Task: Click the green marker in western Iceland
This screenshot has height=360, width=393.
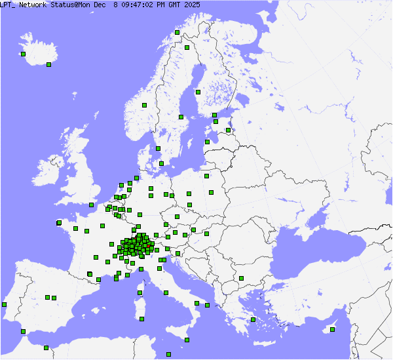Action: (x=23, y=54)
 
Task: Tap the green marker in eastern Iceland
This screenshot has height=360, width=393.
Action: (x=49, y=64)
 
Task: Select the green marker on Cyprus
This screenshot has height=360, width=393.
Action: (x=332, y=329)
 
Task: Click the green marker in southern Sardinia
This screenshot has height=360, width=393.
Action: (x=141, y=319)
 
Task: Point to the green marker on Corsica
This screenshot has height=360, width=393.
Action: (x=140, y=292)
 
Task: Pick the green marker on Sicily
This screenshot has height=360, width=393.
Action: (x=188, y=340)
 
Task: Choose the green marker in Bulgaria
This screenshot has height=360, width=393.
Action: (x=241, y=278)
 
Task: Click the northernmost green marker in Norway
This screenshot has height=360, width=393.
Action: (x=177, y=31)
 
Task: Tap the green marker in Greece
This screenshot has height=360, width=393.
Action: (x=253, y=319)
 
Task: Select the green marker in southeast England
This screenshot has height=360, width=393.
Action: (x=90, y=205)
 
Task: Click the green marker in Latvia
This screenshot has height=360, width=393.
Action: (x=229, y=130)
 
